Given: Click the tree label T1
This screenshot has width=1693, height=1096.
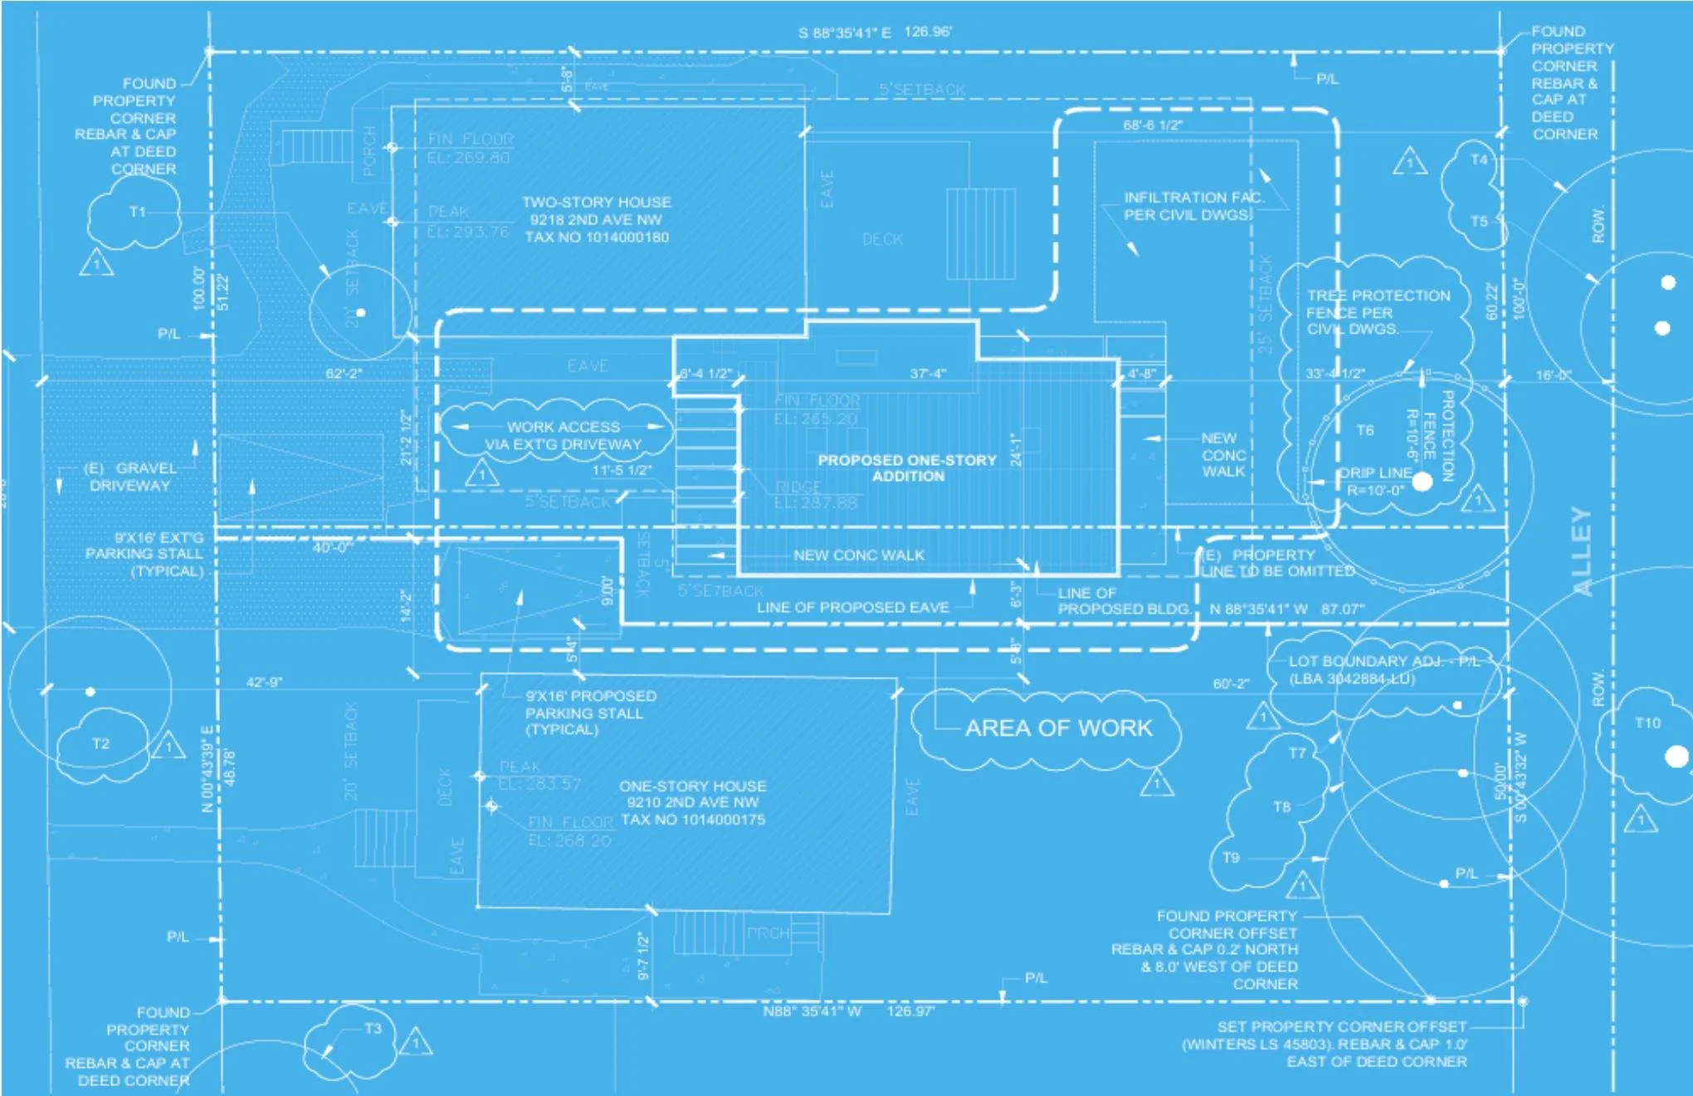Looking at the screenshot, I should coord(138,212).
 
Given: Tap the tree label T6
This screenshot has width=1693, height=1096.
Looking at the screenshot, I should coord(1365,430).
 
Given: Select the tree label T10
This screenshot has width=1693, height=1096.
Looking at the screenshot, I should coord(1647,723).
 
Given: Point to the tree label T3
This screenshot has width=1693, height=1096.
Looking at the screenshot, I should coord(373,1029).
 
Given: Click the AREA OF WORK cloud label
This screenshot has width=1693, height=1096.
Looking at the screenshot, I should coord(1059,728).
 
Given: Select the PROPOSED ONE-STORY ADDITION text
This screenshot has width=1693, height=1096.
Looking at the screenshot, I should coord(907,468).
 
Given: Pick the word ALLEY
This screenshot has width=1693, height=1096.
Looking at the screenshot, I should coord(1583,552).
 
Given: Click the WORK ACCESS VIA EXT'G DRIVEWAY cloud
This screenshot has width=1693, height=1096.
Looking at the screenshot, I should coord(564,435).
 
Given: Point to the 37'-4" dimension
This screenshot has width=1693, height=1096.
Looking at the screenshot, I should coord(928,374).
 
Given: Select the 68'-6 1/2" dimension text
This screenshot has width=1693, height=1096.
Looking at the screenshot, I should coord(1153,125).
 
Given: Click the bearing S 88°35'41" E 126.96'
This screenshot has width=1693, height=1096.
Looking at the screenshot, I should coord(875,32).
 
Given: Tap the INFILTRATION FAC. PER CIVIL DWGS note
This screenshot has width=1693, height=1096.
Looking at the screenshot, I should coord(1193,206).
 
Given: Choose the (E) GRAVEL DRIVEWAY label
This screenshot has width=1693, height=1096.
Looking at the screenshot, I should coord(130,477).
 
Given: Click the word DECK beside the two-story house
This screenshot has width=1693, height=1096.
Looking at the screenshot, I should coord(882,239).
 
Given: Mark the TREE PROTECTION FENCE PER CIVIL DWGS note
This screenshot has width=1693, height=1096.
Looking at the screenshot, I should coord(1378,312).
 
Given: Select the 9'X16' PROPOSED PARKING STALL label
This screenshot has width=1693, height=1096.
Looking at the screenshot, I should coord(590,712).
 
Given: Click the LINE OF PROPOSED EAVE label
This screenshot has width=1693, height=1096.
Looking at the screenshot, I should coord(852,608).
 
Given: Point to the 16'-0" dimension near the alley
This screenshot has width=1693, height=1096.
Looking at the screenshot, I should coord(1554,375).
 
